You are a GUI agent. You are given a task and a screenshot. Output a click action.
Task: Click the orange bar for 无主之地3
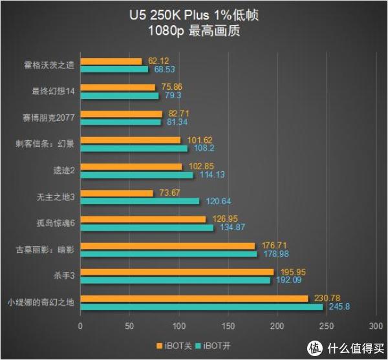click(116, 193)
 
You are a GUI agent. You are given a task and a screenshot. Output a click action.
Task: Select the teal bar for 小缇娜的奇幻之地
click(201, 306)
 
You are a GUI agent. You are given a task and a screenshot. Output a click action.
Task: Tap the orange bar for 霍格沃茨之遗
click(111, 61)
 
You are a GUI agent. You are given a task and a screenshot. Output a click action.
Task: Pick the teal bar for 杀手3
click(175, 280)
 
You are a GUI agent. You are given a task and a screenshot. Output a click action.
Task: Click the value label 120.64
click(219, 201)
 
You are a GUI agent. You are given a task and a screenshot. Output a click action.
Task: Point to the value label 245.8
click(339, 306)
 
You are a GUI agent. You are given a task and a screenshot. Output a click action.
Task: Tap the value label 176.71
click(274, 245)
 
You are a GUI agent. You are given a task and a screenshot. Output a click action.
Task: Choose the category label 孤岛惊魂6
click(58, 223)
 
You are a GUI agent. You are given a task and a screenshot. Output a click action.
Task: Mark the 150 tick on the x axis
click(228, 326)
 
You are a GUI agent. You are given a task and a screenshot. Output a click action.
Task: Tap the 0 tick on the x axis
click(80, 326)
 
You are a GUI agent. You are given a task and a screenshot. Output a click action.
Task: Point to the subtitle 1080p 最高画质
click(194, 30)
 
